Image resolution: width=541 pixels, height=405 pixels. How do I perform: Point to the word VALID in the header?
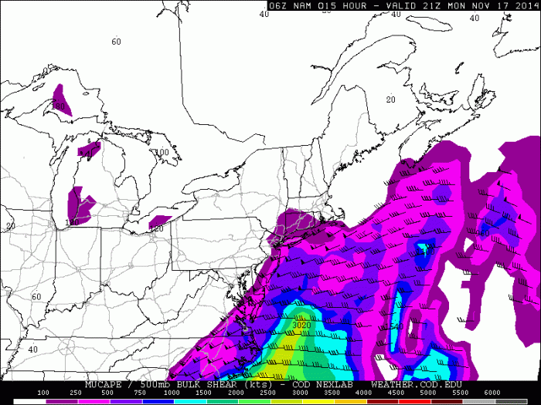point(408,5)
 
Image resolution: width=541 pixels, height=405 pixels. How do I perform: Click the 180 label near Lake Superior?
point(59,106)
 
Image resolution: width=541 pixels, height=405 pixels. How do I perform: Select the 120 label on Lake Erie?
point(158,228)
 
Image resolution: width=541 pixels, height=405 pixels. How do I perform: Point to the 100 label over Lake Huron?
point(162,153)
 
